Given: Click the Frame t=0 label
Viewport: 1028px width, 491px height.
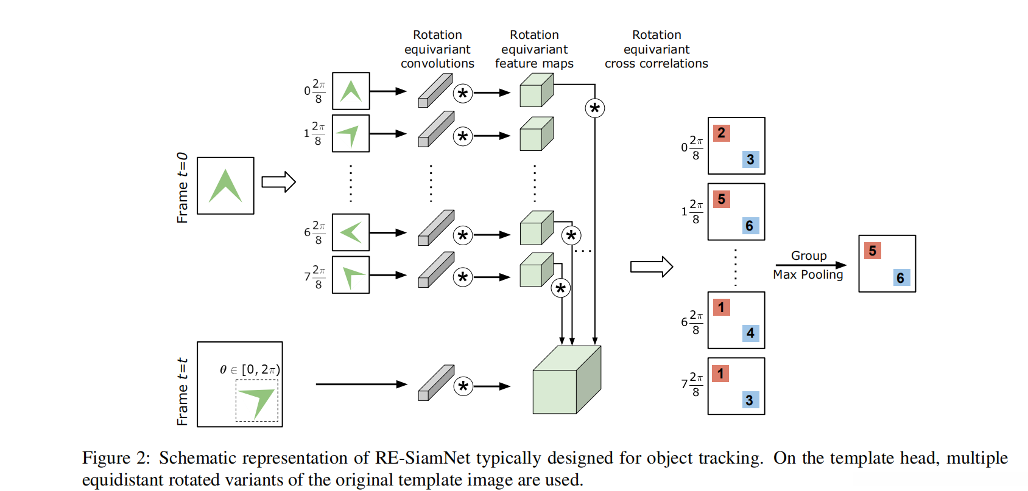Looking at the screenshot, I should (x=182, y=187).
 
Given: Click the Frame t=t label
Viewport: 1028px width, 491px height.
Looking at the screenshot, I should (x=182, y=391).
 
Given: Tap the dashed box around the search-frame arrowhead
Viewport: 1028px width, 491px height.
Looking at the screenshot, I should (x=257, y=401).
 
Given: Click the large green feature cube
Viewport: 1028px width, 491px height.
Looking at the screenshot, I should (x=566, y=381).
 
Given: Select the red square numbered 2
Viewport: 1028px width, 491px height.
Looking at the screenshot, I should (x=721, y=133).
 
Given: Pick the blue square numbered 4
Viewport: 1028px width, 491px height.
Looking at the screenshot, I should (x=750, y=333).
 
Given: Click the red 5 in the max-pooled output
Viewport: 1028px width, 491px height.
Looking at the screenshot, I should (x=872, y=251).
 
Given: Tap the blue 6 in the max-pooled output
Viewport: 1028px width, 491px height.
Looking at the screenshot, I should (x=900, y=278).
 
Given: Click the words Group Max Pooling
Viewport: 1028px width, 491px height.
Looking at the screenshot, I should (x=808, y=265).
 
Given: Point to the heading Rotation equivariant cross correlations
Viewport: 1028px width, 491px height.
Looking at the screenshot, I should (x=656, y=49).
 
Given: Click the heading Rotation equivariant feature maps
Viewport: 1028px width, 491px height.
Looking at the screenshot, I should (x=534, y=49).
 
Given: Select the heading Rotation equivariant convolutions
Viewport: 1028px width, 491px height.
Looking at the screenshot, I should (x=437, y=49).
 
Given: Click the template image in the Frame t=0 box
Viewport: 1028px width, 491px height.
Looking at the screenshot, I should (x=225, y=186).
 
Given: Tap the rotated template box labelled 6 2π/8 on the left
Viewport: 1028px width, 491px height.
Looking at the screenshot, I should (x=351, y=232).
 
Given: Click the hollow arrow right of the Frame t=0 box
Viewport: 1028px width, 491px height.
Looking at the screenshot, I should (x=278, y=182).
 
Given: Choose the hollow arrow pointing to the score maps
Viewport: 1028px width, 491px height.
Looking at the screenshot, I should (x=651, y=266).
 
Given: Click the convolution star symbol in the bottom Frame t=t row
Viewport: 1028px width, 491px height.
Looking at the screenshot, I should (x=463, y=386).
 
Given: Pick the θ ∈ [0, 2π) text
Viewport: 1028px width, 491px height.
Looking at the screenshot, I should (x=250, y=369).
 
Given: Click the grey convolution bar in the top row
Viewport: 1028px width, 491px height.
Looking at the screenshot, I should (x=435, y=90).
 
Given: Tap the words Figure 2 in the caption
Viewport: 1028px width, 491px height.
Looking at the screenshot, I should (x=116, y=458).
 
